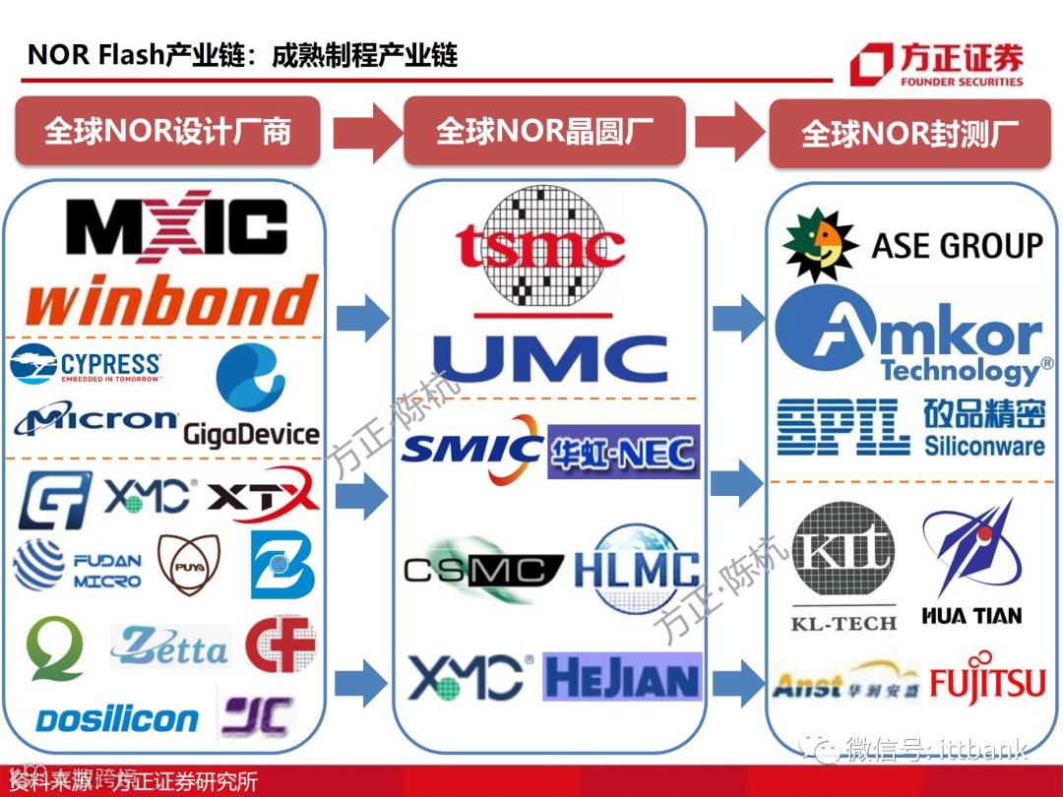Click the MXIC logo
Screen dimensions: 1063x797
[176, 228]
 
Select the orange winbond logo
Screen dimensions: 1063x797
[173, 299]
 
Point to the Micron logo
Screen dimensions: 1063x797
[95, 420]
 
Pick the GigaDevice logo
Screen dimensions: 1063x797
[251, 398]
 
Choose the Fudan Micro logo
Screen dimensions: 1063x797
[78, 569]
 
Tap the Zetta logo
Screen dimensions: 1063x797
[168, 647]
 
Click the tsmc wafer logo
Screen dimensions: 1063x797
[540, 246]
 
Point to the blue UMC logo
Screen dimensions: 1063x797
[549, 358]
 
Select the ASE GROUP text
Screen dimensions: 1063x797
[957, 245]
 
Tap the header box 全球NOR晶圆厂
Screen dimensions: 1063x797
[544, 131]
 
